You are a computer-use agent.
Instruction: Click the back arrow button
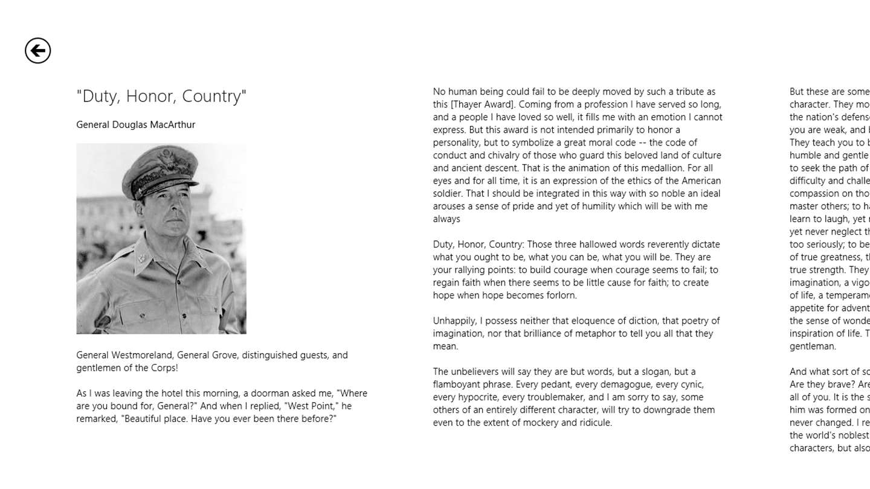tap(37, 50)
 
